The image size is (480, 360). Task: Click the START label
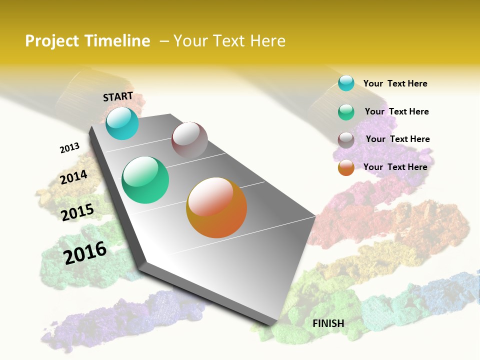click(118, 96)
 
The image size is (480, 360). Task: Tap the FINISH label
click(328, 323)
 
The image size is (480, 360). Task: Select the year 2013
click(69, 148)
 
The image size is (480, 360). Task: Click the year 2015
click(77, 212)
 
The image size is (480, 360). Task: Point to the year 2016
click(85, 253)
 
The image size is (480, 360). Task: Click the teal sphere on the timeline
click(122, 123)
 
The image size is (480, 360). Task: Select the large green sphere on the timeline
click(145, 180)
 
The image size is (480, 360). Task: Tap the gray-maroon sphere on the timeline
click(189, 140)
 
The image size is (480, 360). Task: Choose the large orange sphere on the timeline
click(216, 207)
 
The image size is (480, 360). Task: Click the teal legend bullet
click(346, 83)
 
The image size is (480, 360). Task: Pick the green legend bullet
click(346, 112)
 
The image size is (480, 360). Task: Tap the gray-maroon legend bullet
click(346, 140)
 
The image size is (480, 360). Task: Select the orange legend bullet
click(346, 168)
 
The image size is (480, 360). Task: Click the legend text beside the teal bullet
click(395, 83)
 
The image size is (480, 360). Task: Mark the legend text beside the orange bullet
click(395, 167)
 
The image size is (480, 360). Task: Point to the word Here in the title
click(267, 41)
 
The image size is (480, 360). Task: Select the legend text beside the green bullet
click(396, 111)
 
